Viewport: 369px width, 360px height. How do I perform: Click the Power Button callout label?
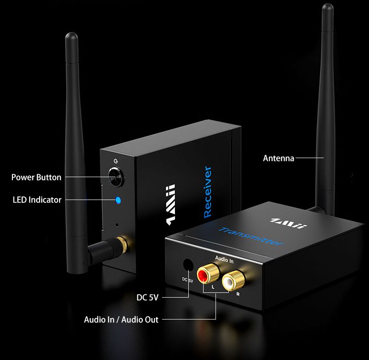(x=36, y=177)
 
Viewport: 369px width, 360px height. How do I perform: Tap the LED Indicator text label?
(x=37, y=200)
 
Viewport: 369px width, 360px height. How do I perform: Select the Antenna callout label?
(x=278, y=158)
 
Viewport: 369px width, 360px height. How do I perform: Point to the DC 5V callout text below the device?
(x=147, y=298)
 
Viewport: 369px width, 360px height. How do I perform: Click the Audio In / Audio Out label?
(x=121, y=319)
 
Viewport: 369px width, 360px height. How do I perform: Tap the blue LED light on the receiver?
(x=118, y=200)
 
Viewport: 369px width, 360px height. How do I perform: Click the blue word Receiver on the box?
(x=207, y=192)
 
